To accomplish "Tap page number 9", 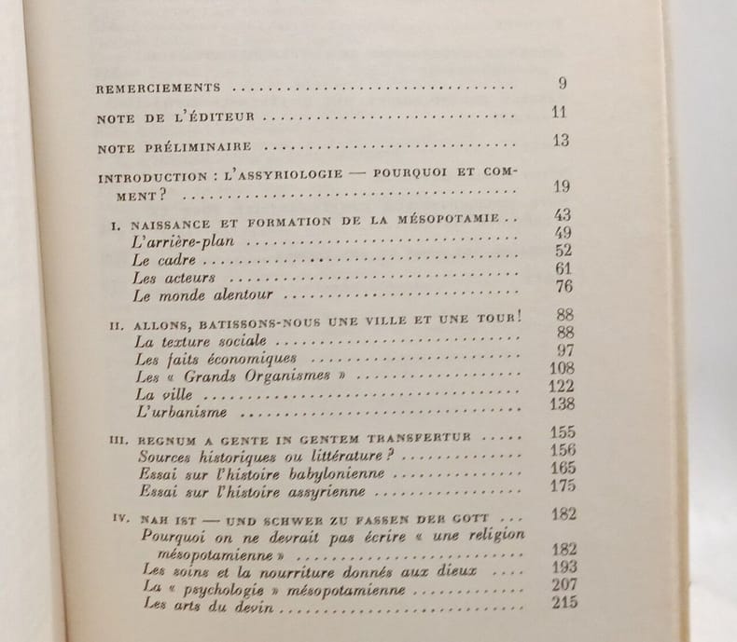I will point(563,84).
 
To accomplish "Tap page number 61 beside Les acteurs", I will point(563,269).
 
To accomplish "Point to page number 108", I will point(563,368).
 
